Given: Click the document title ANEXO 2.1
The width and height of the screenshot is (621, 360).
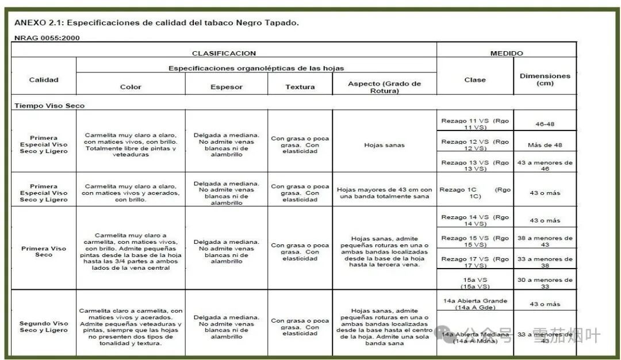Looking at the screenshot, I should coord(156,23).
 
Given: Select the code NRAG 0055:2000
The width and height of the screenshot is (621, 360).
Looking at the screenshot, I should coord(47,38).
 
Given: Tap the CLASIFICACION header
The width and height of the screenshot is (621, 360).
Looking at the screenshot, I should coord(224,53).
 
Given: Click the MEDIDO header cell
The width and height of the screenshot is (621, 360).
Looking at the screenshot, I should coord(506,53).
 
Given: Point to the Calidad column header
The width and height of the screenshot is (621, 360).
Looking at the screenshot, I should coord(44,80).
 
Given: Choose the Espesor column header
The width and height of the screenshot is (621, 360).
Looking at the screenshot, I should coord(227,87).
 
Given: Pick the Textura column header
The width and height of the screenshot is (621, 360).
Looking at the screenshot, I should coord(300,87).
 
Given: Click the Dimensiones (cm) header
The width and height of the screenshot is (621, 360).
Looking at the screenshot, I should coord(545,79).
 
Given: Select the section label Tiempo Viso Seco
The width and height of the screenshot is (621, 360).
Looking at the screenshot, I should coord(49,106).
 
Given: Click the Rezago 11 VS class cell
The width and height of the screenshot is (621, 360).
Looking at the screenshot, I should coord(474,124).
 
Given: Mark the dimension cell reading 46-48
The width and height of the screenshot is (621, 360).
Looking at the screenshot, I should coord(545,124).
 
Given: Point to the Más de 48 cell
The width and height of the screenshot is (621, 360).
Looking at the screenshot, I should coord(545,144).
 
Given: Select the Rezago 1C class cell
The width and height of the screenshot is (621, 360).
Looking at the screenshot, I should coord(474,193).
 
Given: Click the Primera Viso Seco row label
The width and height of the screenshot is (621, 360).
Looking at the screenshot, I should coord(44,252).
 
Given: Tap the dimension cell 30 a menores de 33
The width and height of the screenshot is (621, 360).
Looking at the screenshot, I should coord(545,283).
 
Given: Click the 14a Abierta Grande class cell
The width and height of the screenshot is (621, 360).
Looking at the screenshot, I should coord(474,304).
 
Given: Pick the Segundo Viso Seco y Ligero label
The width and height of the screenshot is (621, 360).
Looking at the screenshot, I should coord(44,327).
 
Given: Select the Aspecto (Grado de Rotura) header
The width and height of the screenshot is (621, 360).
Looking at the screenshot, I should coord(384,87).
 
